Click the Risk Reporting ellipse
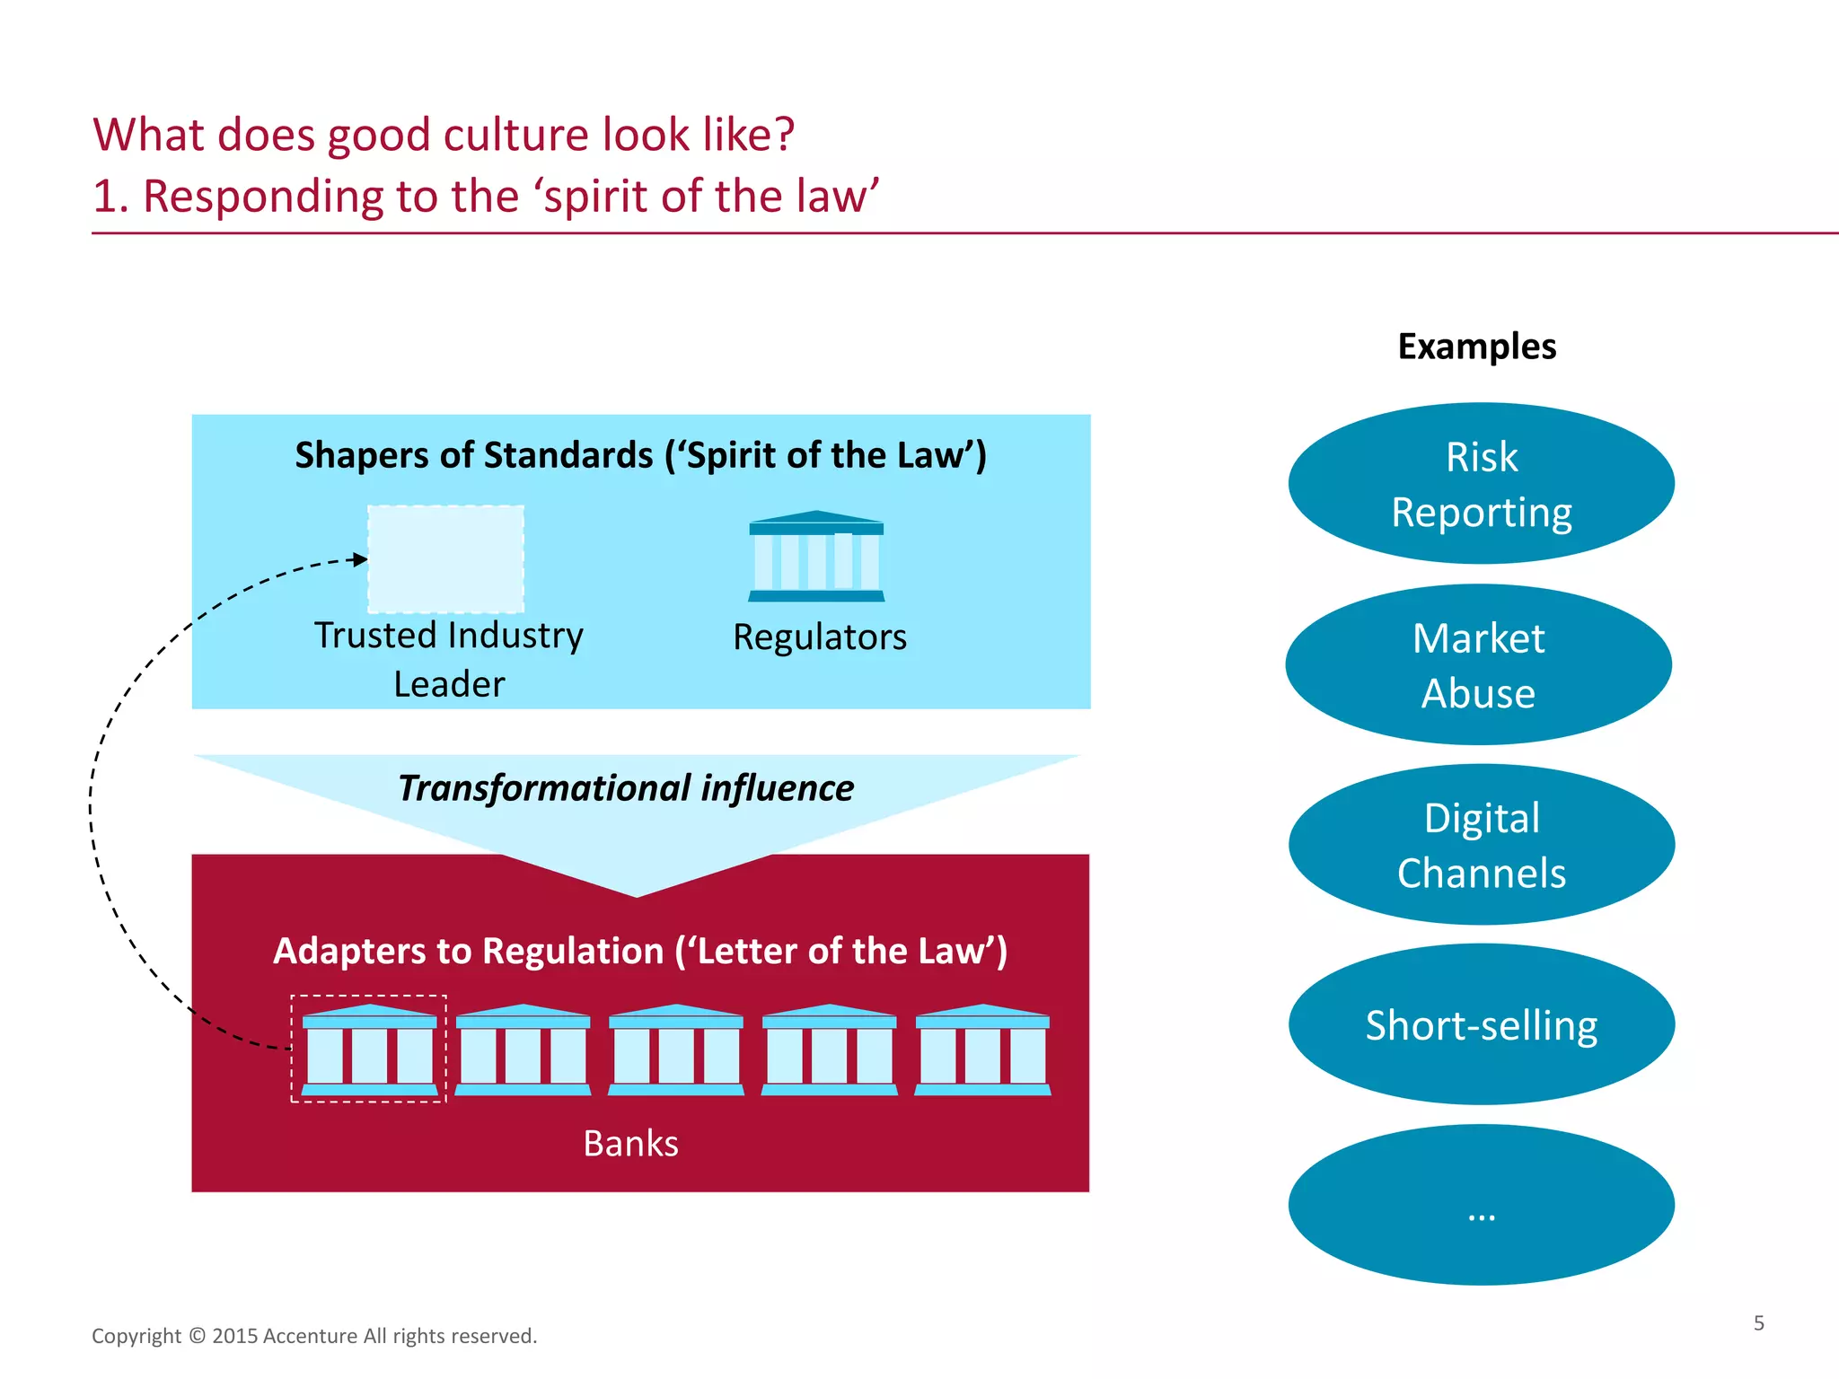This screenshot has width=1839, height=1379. pyautogui.click(x=1481, y=484)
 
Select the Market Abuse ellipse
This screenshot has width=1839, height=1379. pyautogui.click(x=1478, y=665)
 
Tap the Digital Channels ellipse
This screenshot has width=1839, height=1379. pyautogui.click(x=1481, y=845)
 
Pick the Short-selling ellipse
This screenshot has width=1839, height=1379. pyautogui.click(x=1481, y=1024)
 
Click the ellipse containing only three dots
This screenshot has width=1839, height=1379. pyautogui.click(x=1481, y=1205)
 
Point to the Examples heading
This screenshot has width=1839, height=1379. pyautogui.click(x=1476, y=347)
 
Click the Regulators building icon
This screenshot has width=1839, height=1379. pyautogui.click(x=816, y=557)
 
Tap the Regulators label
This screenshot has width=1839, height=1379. pyautogui.click(x=819, y=637)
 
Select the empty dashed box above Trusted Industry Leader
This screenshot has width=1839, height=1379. pyautogui.click(x=446, y=558)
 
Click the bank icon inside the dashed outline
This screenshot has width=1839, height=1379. pyautogui.click(x=369, y=1050)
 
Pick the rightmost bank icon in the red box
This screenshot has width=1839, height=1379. pyautogui.click(x=982, y=1050)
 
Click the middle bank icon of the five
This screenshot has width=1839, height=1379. pyautogui.click(x=676, y=1050)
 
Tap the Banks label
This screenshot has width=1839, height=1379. pyautogui.click(x=630, y=1144)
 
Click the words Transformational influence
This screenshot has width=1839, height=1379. pyautogui.click(x=626, y=788)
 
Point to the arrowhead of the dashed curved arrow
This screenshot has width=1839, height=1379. pyautogui.click(x=361, y=559)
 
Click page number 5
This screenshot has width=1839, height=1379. pyautogui.click(x=1758, y=1323)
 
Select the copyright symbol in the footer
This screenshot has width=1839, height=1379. pyautogui.click(x=197, y=1336)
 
